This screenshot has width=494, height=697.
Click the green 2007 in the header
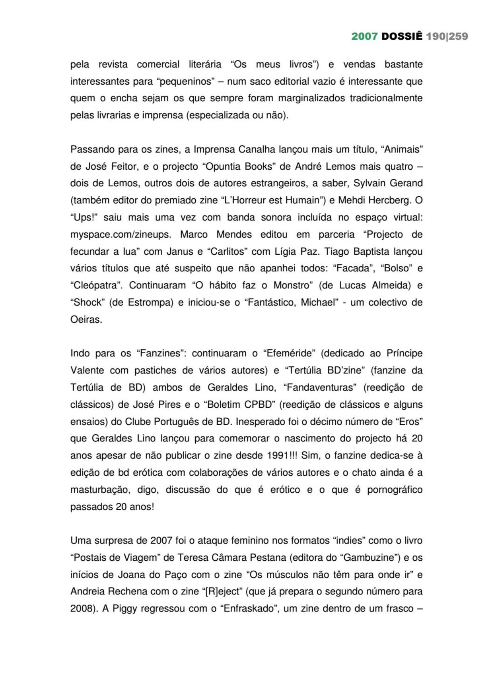point(364,37)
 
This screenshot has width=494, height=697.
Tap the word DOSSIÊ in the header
point(402,37)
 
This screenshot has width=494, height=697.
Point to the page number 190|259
point(447,37)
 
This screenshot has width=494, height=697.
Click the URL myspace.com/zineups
point(121,234)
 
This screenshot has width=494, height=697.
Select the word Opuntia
point(223,167)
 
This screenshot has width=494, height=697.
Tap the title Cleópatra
point(96,285)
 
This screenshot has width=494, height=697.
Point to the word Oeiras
point(86,319)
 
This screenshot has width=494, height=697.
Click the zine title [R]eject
point(223,592)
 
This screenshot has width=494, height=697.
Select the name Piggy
point(125,609)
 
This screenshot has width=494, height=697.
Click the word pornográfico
point(395,490)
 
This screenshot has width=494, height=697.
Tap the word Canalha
point(257,149)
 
